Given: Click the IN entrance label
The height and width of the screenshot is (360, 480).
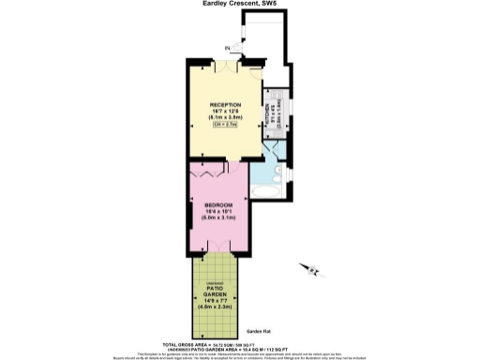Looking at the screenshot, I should pyautogui.click(x=227, y=48).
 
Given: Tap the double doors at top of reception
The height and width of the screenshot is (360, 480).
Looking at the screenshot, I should pyautogui.click(x=229, y=67).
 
